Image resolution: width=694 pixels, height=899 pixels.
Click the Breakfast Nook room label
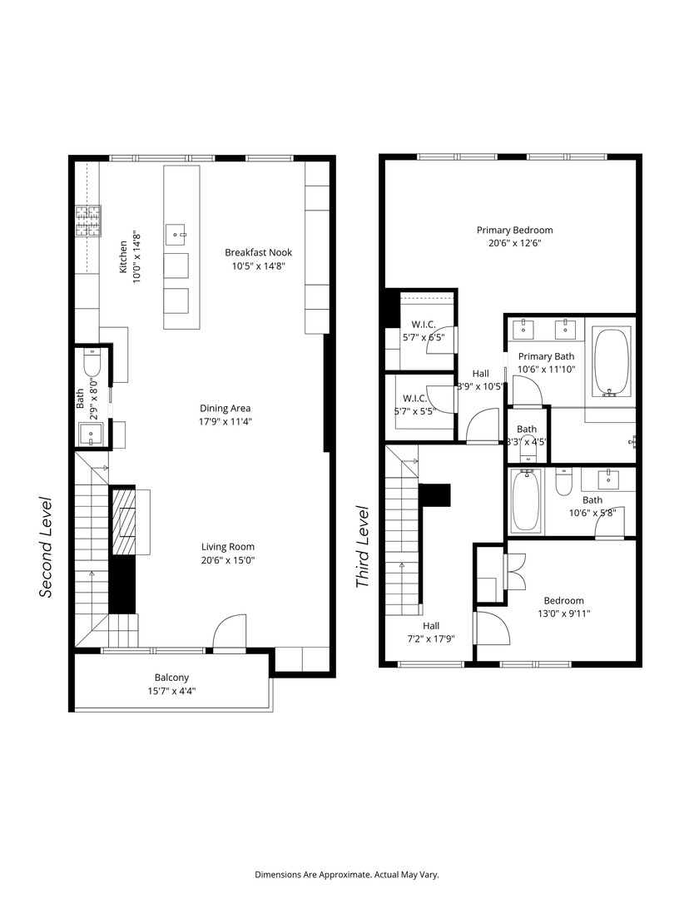(x=258, y=253)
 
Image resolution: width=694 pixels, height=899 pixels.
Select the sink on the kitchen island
(x=176, y=235)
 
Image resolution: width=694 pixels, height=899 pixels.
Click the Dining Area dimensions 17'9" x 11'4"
(x=225, y=421)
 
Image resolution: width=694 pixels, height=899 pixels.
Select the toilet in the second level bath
(x=92, y=363)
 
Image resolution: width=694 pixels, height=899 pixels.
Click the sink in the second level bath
(x=89, y=434)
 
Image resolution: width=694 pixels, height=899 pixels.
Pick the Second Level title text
(x=47, y=547)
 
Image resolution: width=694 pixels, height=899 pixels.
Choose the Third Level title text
(x=362, y=547)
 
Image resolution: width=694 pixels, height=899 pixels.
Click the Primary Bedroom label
(x=514, y=231)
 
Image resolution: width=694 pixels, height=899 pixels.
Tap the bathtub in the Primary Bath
(x=612, y=362)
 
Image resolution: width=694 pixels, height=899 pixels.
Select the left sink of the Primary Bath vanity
(x=523, y=329)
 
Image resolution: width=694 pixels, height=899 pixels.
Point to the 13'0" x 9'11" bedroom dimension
(x=563, y=613)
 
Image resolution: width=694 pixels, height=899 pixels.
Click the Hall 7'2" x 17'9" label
(x=430, y=626)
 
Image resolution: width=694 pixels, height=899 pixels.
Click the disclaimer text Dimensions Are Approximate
(x=346, y=875)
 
